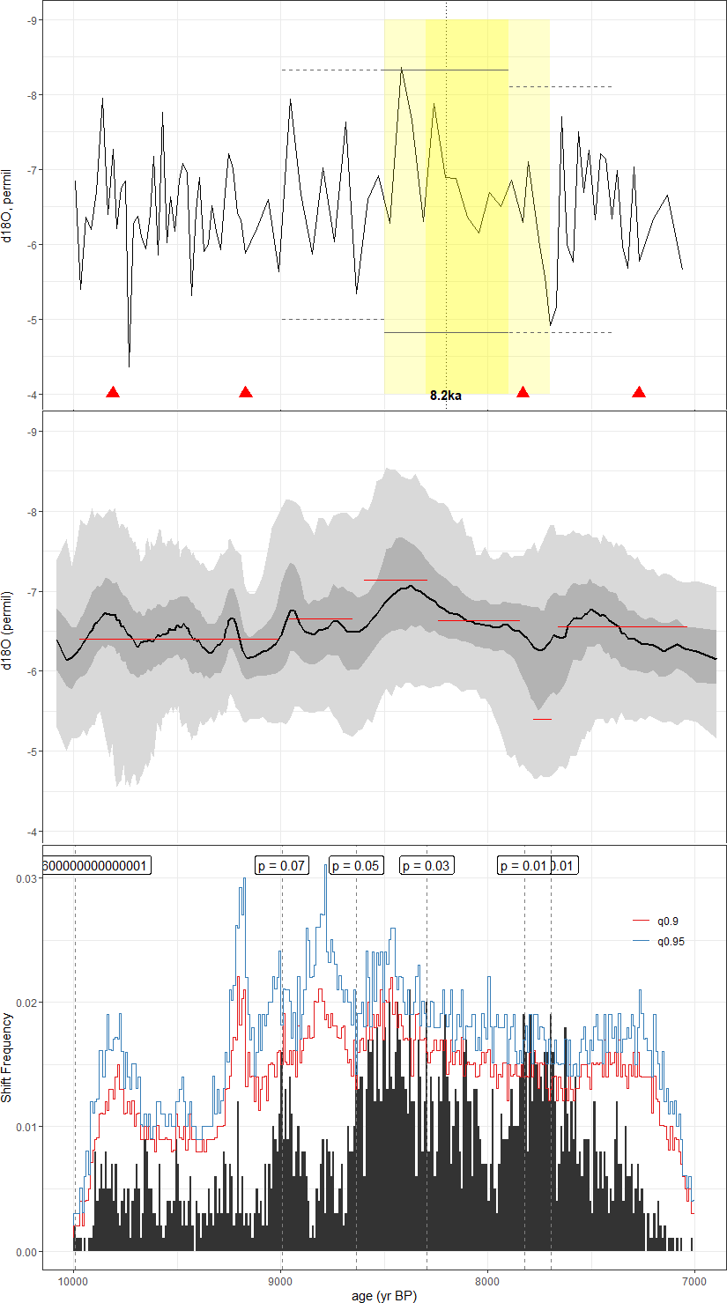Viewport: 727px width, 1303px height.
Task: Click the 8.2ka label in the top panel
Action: pyautogui.click(x=446, y=396)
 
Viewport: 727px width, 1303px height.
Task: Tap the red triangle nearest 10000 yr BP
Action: pyautogui.click(x=113, y=392)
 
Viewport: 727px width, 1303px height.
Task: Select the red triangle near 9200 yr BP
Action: pyautogui.click(x=246, y=392)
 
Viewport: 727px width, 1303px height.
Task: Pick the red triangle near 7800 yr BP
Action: pyautogui.click(x=523, y=392)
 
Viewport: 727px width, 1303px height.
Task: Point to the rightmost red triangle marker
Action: pyautogui.click(x=639, y=392)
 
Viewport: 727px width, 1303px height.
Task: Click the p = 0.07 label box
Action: pyautogui.click(x=282, y=866)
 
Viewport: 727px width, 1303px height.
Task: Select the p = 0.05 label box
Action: pyautogui.click(x=356, y=866)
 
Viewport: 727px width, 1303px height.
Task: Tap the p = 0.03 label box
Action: pyautogui.click(x=427, y=866)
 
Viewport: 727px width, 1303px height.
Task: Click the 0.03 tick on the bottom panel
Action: pyautogui.click(x=27, y=878)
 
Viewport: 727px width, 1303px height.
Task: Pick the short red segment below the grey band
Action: pyautogui.click(x=542, y=719)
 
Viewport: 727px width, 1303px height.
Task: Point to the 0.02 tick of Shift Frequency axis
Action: pyautogui.click(x=27, y=1003)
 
